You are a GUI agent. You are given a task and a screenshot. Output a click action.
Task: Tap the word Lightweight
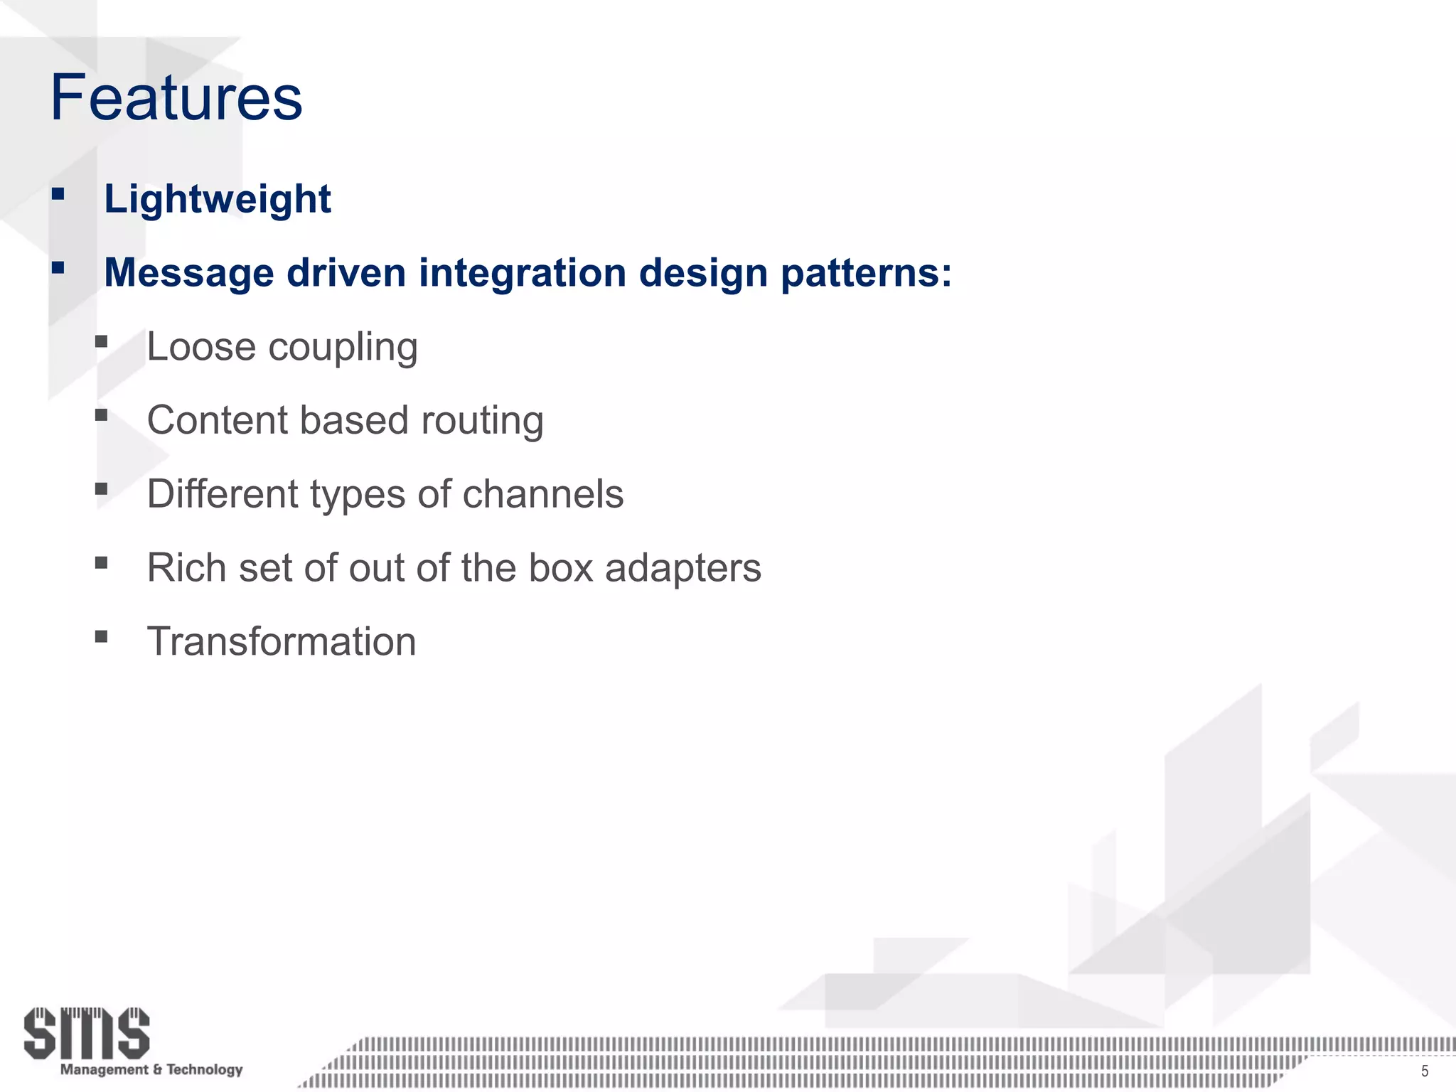(x=218, y=199)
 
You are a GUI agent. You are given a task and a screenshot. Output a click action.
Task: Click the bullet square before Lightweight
(x=58, y=193)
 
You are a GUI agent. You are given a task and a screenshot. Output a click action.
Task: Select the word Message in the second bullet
(x=188, y=273)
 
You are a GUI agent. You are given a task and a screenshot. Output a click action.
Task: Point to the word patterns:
(x=867, y=273)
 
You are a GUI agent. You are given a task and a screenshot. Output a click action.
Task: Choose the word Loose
(x=201, y=347)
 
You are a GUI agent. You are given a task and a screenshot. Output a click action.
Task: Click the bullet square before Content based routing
(x=101, y=414)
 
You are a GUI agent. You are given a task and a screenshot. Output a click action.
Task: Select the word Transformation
(x=282, y=641)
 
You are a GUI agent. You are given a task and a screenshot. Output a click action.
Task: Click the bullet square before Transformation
(x=101, y=636)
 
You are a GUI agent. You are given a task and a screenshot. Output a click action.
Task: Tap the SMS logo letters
(x=87, y=1032)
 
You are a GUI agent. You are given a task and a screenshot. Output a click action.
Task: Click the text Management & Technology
(x=151, y=1069)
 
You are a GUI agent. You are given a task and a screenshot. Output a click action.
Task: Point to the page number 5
(x=1424, y=1071)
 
